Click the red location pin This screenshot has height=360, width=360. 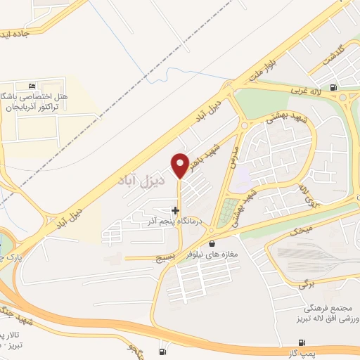click(x=181, y=165)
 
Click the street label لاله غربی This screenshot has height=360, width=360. click(x=307, y=91)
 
